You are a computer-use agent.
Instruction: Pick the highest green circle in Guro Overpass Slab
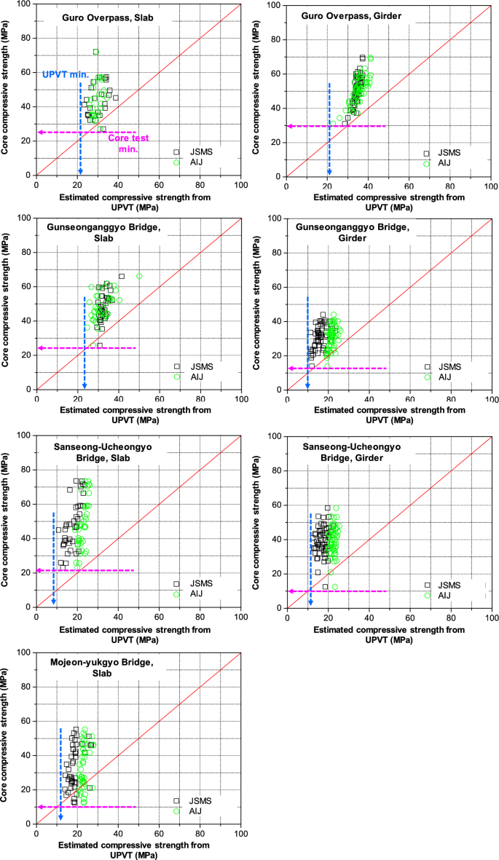(95, 52)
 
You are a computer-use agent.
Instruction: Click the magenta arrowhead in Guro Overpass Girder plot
(290, 126)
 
